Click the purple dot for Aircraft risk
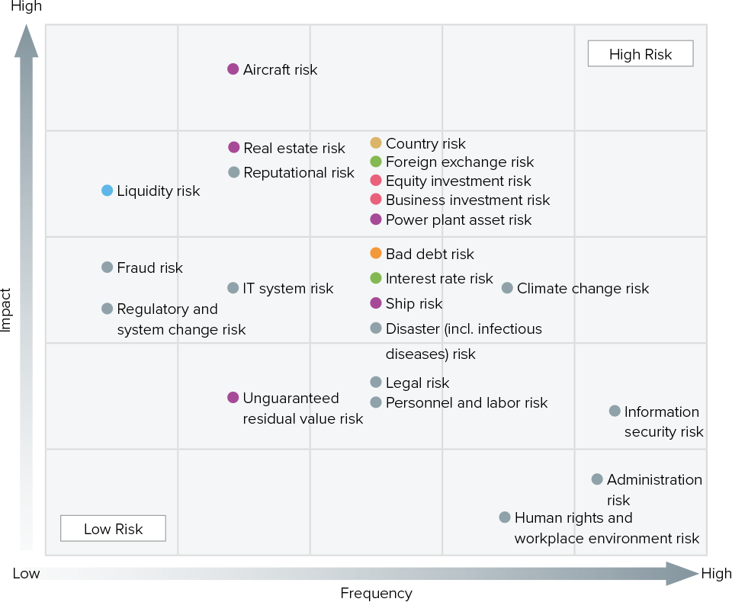coord(233,69)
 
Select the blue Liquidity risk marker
coord(108,191)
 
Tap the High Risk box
coord(640,54)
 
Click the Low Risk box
coord(113,529)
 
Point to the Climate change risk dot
coord(507,288)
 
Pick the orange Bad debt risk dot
coord(375,254)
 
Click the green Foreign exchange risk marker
coord(375,162)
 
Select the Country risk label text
coord(425,143)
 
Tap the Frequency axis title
coord(376,593)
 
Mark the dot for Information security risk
coord(615,411)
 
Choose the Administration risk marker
coord(597,479)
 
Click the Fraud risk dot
coord(108,267)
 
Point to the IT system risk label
coord(287,288)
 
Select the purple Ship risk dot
coord(375,303)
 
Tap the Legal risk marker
coord(375,383)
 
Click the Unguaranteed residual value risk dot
coord(233,398)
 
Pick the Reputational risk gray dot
coord(234,172)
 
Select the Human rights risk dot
coord(505,517)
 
